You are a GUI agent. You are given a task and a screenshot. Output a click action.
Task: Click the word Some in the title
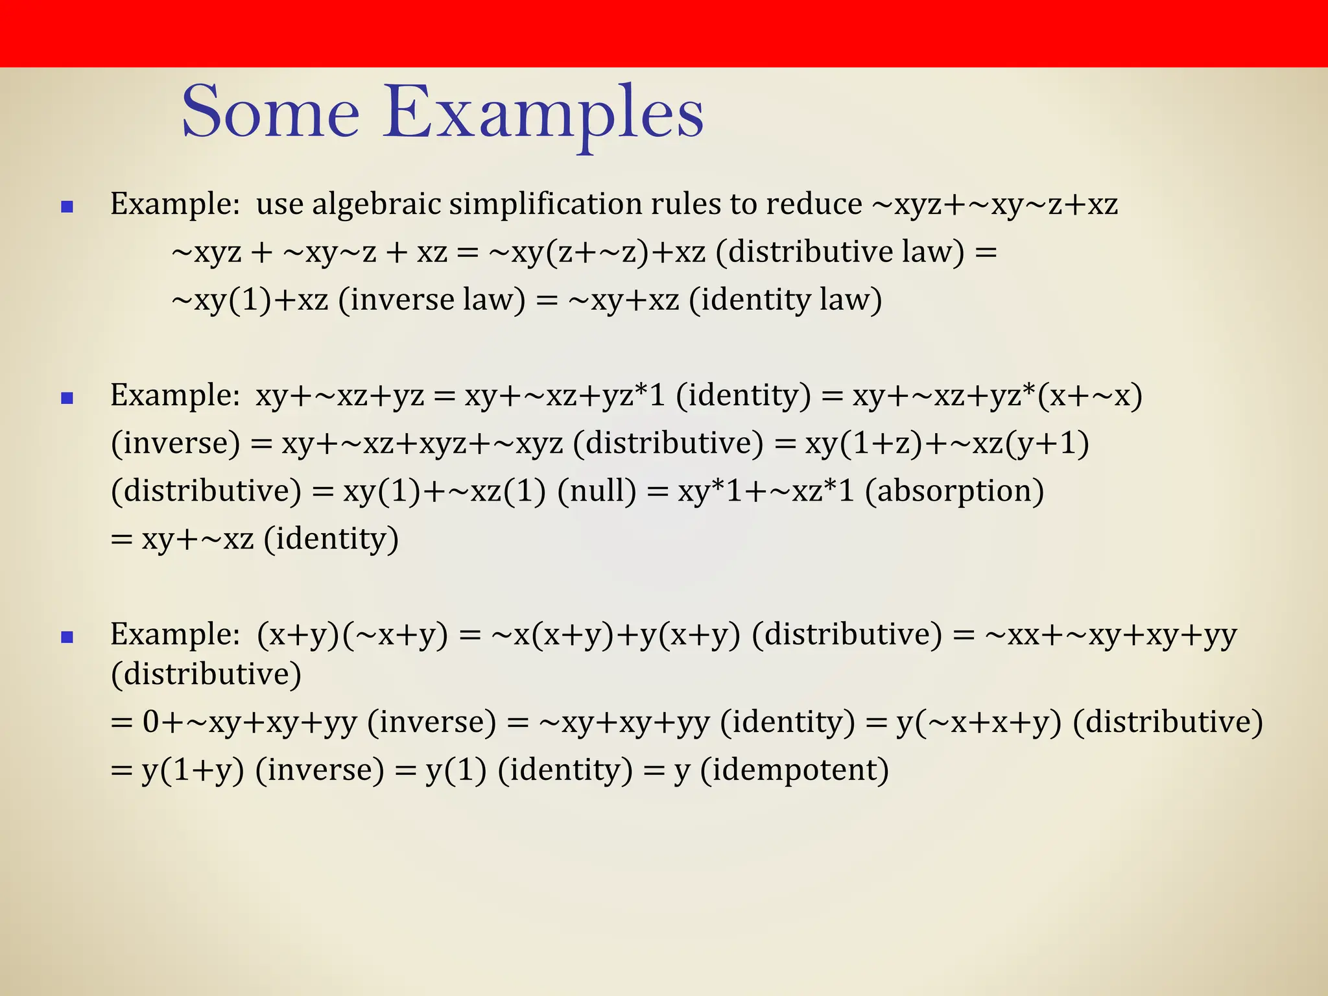coord(270,113)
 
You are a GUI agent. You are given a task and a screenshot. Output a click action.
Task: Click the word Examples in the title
coord(543,114)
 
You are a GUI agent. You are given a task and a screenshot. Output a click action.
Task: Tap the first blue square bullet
coord(67,207)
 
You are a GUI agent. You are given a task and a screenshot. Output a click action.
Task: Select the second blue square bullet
coord(67,398)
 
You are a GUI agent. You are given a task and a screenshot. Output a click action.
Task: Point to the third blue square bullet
coord(67,637)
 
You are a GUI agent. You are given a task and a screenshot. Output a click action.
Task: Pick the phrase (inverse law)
coord(431,300)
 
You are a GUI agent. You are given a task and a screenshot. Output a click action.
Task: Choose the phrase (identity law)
coord(785,300)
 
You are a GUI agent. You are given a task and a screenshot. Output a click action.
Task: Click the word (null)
coord(597,491)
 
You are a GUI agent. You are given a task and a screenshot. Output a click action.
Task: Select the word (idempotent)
coord(794,770)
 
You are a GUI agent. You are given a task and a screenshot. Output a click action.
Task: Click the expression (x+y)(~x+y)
coord(352,635)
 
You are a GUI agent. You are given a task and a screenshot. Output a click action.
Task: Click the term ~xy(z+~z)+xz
coord(597,252)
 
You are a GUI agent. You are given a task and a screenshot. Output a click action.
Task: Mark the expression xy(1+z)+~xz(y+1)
coord(947,444)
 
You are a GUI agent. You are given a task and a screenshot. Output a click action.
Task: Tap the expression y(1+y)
coord(193,770)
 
